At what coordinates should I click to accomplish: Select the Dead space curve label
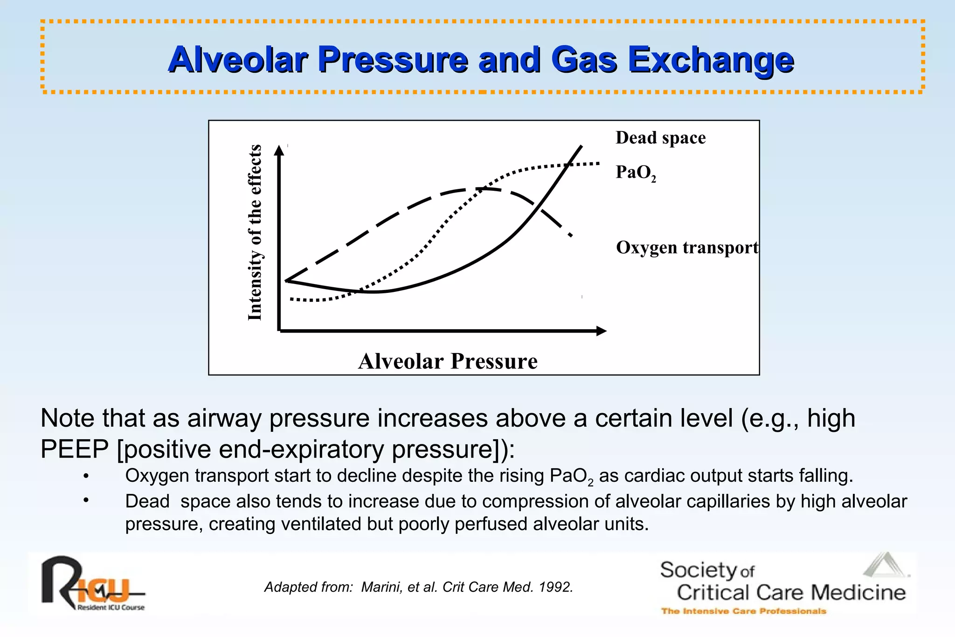point(660,138)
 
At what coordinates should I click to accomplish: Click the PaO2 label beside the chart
point(635,173)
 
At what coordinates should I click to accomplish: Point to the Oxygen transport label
point(687,247)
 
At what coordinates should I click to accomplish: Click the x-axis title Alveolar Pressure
point(448,361)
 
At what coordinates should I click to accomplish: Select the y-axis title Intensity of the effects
point(255,232)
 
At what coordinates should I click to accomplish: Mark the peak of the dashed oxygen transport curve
point(483,189)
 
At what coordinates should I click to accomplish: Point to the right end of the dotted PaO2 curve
point(598,163)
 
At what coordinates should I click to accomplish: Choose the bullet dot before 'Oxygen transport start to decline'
point(86,476)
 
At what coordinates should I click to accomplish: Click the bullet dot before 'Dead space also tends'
point(86,501)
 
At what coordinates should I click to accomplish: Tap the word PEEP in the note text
point(75,450)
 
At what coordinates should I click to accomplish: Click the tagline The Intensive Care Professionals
point(743,611)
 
